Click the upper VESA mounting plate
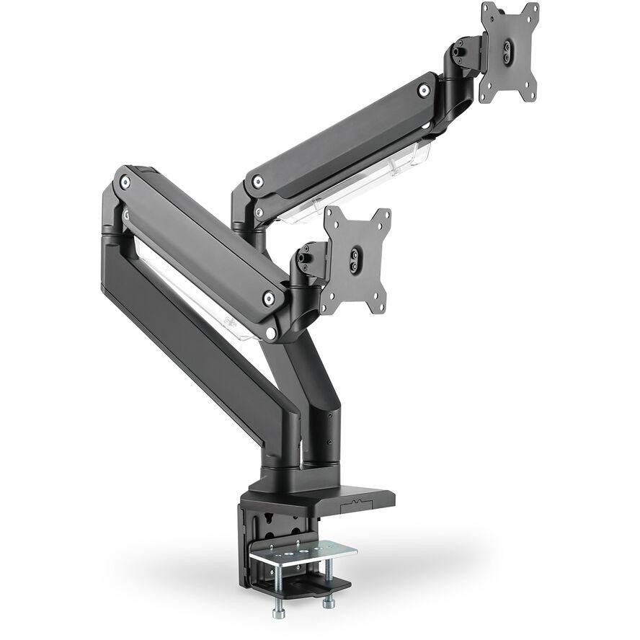(x=510, y=52)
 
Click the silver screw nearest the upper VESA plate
(x=425, y=91)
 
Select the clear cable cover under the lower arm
(x=195, y=295)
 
